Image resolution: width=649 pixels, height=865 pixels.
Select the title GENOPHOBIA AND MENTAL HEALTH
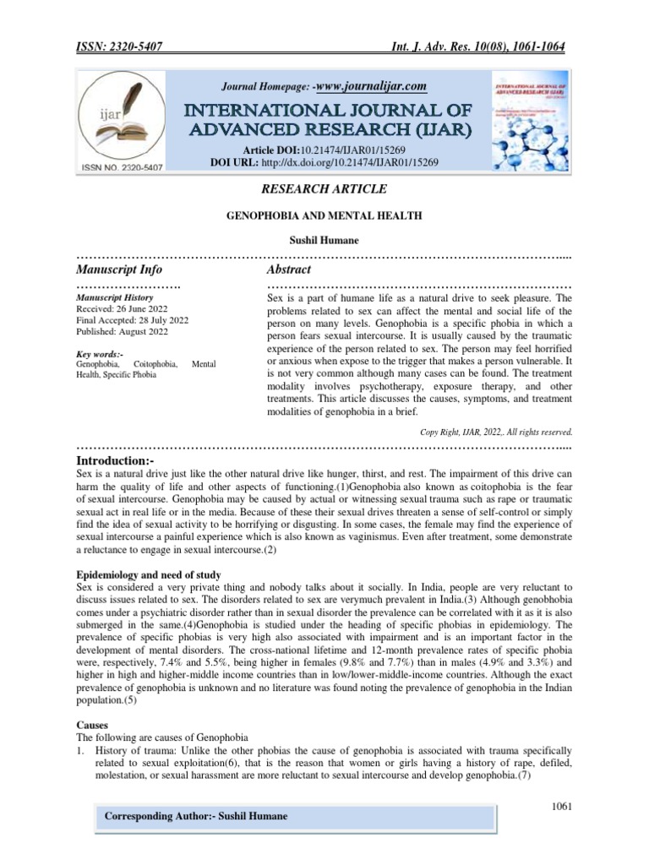coord(324,217)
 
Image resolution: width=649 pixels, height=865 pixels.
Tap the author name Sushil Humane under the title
coord(324,241)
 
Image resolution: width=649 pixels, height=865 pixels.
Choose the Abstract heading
coord(289,269)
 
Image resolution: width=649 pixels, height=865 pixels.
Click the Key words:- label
coord(99,353)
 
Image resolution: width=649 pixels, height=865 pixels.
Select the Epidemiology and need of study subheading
coord(149,575)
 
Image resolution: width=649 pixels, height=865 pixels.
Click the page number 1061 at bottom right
coord(562,806)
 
